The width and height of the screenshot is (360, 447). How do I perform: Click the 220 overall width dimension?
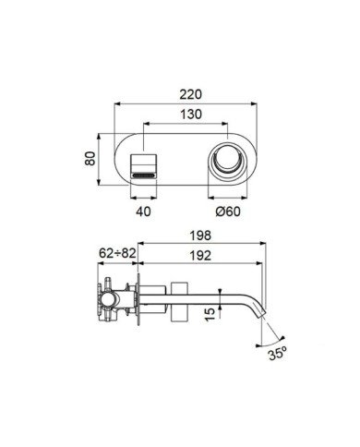191,94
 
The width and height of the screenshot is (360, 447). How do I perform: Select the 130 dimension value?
191,115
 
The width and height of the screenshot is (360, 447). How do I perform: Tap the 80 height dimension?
90,159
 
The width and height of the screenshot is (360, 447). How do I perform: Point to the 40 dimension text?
143,211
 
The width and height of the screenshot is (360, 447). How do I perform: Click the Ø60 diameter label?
228,211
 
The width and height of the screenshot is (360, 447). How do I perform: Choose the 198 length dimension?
200,236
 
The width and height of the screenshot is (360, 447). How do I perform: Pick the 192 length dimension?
200,255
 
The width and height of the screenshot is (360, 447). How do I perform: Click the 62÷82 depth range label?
117,253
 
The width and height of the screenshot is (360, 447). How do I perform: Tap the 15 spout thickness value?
210,314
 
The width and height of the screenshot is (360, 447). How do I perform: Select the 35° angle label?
278,354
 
